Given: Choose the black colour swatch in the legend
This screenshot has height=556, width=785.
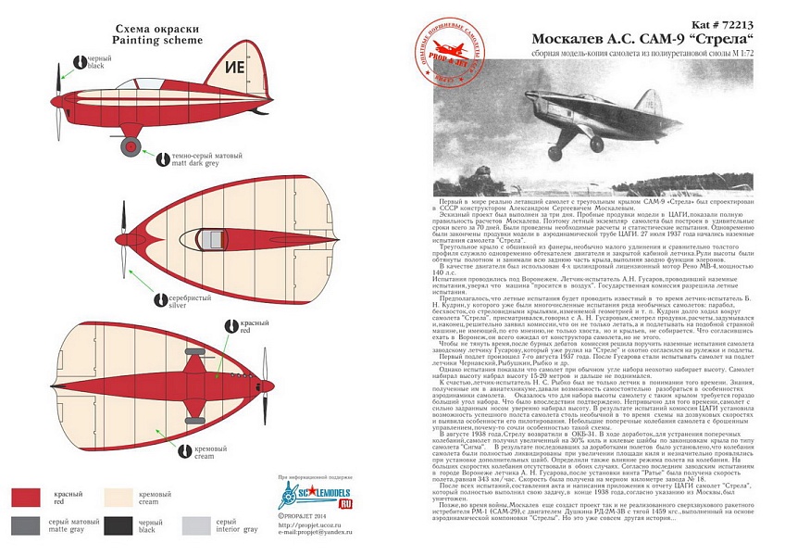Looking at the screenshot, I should click(x=126, y=525).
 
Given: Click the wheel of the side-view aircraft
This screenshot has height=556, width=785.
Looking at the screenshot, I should click(x=131, y=145).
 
